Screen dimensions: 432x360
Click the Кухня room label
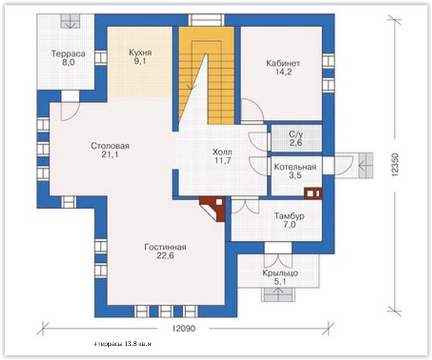[140, 53]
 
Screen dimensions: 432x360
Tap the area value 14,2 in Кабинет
[283, 72]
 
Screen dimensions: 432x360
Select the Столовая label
[110, 146]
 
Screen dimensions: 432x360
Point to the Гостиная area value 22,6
[165, 256]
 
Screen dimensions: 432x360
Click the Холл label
[222, 152]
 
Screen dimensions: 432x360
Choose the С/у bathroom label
[296, 134]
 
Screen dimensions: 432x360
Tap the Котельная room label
[295, 167]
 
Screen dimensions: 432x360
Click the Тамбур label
[289, 216]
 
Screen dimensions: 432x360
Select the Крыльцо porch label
[280, 273]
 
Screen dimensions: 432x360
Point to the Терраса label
[68, 54]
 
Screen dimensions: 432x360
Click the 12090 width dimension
[184, 328]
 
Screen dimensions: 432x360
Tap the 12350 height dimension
[394, 165]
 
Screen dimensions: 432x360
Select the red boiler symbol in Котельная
[313, 193]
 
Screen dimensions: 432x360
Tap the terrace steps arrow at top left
[71, 21]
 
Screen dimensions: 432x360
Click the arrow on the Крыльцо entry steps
[278, 294]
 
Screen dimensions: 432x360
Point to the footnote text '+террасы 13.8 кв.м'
[123, 344]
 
